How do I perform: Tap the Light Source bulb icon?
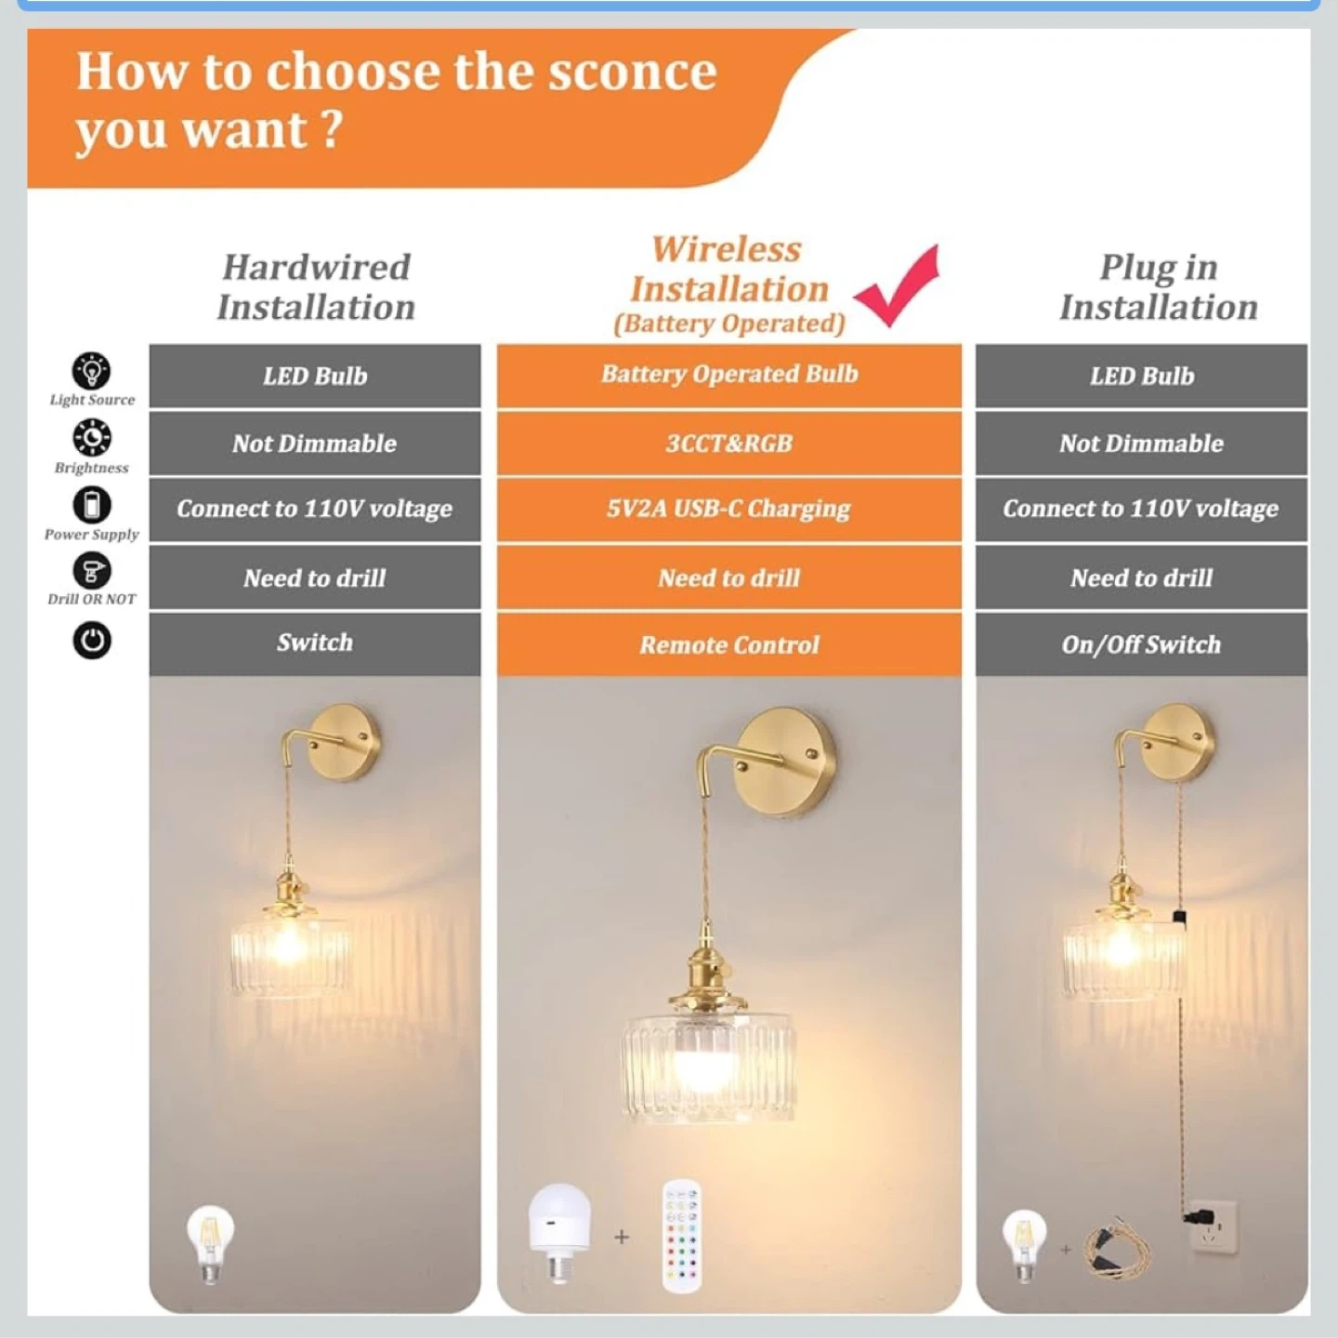point(92,370)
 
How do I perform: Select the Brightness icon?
point(92,438)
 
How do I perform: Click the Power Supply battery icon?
point(92,505)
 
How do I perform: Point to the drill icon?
point(92,571)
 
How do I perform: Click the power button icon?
point(92,641)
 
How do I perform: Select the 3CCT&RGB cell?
point(729,444)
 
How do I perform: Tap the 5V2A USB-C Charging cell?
point(729,509)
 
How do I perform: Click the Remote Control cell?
point(729,645)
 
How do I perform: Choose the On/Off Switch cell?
point(1142,644)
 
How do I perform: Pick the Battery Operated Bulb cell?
point(729,375)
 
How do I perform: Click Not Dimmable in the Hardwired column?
point(315,444)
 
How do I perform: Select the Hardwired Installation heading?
point(316,287)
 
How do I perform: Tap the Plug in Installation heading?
point(1159,287)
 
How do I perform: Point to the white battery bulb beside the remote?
point(559,1232)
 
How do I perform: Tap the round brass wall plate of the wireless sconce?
point(784,762)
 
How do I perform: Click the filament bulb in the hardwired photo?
point(210,1245)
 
